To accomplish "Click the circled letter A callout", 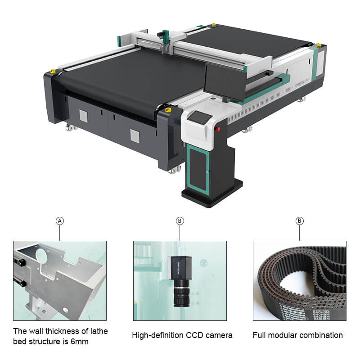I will [60, 221].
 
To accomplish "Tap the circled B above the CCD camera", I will [180, 221].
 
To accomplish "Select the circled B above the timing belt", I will [299, 221].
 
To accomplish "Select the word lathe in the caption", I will [98, 331].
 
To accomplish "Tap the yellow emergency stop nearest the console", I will [169, 109].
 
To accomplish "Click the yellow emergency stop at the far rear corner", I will [319, 45].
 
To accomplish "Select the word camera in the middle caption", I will [220, 335].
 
